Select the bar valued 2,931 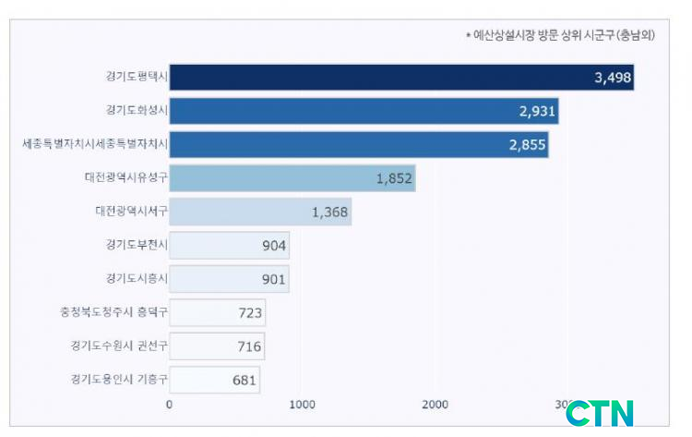click(351, 111)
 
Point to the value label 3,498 click(613, 78)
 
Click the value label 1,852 click(394, 178)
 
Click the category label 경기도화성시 click(136, 111)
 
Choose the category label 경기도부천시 click(136, 246)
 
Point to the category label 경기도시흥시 click(136, 278)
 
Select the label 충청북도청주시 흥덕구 click(113, 312)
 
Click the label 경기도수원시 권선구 click(119, 346)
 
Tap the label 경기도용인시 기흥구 click(119, 379)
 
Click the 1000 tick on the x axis click(303, 404)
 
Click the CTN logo click(600, 413)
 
